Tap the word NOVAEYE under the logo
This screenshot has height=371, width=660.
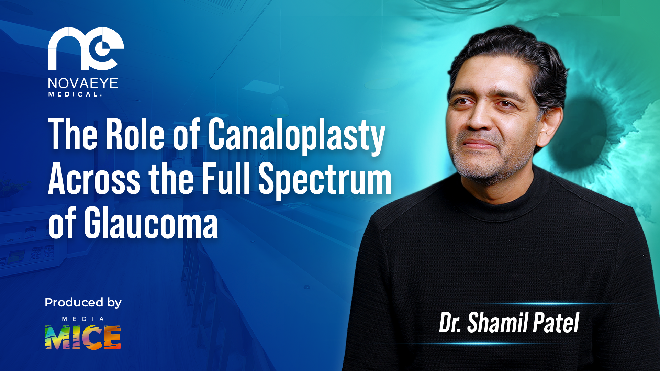pos(83,83)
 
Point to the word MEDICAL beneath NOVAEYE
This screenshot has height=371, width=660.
pos(75,94)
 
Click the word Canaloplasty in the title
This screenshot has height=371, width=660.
pos(297,135)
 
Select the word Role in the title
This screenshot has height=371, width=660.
pos(135,134)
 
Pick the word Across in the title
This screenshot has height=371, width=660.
pos(94,179)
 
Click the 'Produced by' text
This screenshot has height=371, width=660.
pos(83,303)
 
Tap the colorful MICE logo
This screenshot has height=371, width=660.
pos(83,337)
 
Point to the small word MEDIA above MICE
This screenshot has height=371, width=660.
pos(83,319)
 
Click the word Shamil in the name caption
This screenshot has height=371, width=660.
pos(493,323)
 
